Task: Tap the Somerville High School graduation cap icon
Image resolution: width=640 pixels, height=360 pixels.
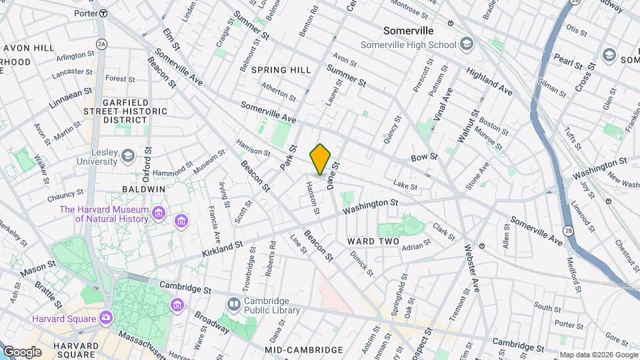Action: pos(467,45)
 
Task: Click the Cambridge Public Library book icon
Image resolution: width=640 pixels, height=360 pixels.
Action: pos(233,305)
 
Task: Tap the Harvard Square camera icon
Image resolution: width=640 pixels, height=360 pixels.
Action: pos(105,318)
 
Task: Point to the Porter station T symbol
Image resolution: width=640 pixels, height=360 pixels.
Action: pos(103,13)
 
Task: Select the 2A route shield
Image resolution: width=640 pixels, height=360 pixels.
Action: pos(101,43)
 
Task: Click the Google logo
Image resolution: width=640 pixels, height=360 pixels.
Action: pos(22,351)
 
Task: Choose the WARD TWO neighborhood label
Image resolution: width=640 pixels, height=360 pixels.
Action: pos(373,241)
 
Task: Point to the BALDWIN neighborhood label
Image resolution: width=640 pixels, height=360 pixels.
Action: pos(143,189)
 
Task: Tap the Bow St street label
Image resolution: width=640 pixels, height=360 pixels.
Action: pos(424,157)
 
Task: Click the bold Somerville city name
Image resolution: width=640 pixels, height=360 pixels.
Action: pos(409,31)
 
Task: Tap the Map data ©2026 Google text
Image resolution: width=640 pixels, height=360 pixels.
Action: pos(598,355)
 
